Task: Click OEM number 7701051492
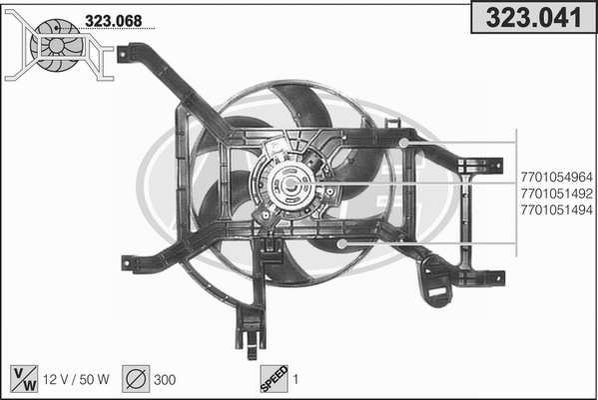557,194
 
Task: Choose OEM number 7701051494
557,210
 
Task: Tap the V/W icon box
23,378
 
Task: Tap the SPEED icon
273,378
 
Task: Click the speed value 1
297,379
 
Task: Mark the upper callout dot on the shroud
404,143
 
